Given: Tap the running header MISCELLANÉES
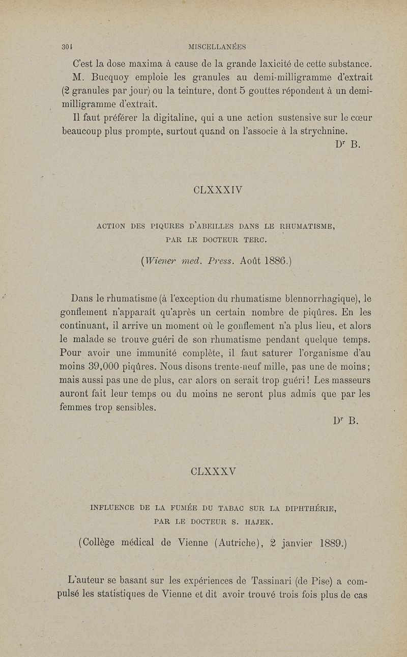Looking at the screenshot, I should point(217,47).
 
